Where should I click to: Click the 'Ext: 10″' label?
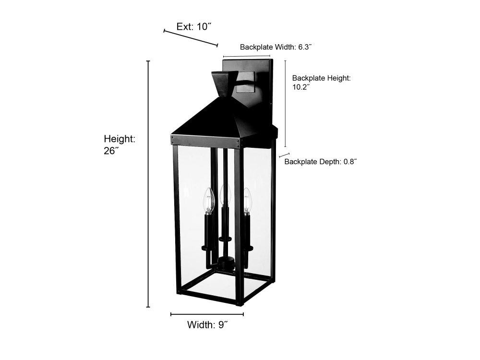pyautogui.click(x=194, y=26)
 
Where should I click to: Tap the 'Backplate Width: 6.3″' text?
pyautogui.click(x=276, y=47)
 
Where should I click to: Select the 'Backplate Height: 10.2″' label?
pyautogui.click(x=322, y=83)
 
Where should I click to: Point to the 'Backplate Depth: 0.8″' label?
pyautogui.click(x=321, y=162)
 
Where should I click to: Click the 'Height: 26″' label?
pyautogui.click(x=120, y=144)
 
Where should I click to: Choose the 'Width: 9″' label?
pyautogui.click(x=207, y=324)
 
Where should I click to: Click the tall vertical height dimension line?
pyautogui.click(x=148, y=184)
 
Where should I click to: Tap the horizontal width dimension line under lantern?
pyautogui.click(x=207, y=314)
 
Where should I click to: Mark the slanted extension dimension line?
pyautogui.click(x=191, y=38)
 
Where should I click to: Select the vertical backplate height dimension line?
pyautogui.click(x=285, y=104)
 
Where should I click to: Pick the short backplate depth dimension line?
pyautogui.click(x=284, y=155)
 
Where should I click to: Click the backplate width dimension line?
pyautogui.click(x=247, y=56)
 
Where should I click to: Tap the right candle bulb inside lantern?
pyautogui.click(x=247, y=201)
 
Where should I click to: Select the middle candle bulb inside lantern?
pyautogui.click(x=225, y=195)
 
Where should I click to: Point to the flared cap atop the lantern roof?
pyautogui.click(x=225, y=84)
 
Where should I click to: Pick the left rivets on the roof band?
pyautogui.click(x=173, y=139)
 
